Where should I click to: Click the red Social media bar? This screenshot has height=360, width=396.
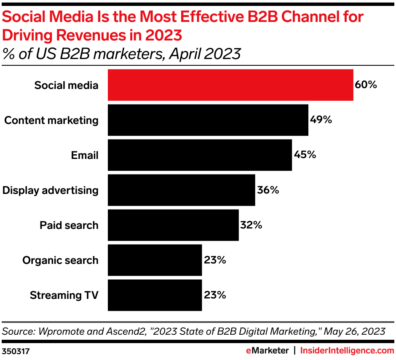pyautogui.click(x=230, y=86)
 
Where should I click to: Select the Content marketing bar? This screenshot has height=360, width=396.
pyautogui.click(x=208, y=120)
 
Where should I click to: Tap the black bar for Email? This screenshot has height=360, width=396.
pyautogui.click(x=200, y=155)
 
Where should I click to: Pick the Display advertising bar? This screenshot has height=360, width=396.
pyautogui.click(x=181, y=190)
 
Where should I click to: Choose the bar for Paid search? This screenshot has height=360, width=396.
pyautogui.click(x=173, y=225)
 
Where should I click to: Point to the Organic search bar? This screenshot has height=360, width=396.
pyautogui.click(x=155, y=260)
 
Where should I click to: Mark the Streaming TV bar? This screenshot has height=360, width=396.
pyautogui.click(x=155, y=295)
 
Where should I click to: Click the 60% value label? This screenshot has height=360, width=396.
pyautogui.click(x=366, y=85)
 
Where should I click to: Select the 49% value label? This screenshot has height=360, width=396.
pyautogui.click(x=321, y=120)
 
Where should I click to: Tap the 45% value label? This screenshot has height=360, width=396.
pyautogui.click(x=305, y=155)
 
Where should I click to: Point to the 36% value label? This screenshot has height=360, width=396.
pyautogui.click(x=268, y=190)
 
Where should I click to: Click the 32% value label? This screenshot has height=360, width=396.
pyautogui.click(x=251, y=225)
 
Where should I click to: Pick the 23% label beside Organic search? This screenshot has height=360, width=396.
pyautogui.click(x=215, y=260)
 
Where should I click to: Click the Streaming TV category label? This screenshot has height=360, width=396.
pyautogui.click(x=64, y=295)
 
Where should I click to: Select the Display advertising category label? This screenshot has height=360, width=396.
pyautogui.click(x=51, y=190)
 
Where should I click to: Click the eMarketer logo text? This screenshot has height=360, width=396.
pyautogui.click(x=267, y=350)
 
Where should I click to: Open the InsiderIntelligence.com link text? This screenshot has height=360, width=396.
pyautogui.click(x=346, y=350)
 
